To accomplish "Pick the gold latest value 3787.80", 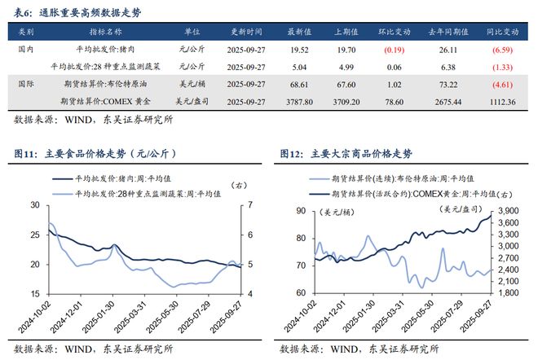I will (301, 101).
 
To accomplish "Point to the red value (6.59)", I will (502, 49).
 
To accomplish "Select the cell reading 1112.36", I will (502, 101).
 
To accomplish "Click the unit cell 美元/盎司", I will (192, 101).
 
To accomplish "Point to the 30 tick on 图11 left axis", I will (36, 204).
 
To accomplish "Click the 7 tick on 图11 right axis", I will (250, 204).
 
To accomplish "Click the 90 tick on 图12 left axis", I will (300, 211).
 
